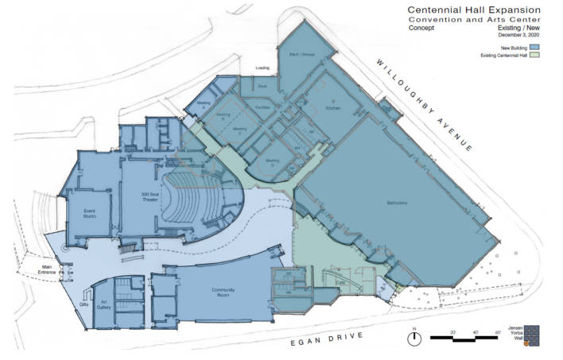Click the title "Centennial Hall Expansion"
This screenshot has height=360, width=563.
[x=475, y=8]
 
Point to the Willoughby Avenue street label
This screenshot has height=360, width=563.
[x=425, y=106]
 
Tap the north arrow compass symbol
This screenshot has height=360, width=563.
[x=413, y=339]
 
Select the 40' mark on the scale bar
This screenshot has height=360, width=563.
[x=474, y=331]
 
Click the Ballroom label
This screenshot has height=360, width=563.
[x=397, y=203]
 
